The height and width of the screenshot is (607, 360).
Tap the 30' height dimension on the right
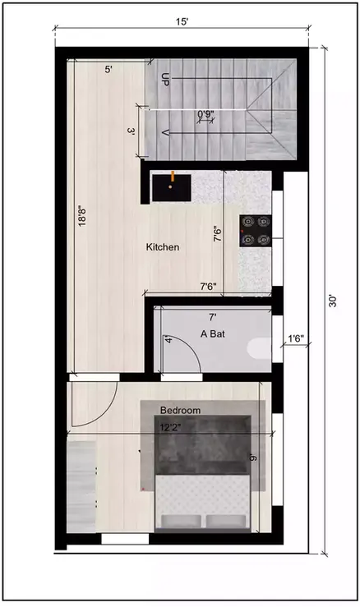pyautogui.click(x=333, y=301)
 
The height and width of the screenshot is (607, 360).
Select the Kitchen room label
pyautogui.click(x=163, y=247)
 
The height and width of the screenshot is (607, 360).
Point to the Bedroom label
pyautogui.click(x=181, y=409)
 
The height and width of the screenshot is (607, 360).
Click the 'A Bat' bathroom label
pyautogui.click(x=214, y=334)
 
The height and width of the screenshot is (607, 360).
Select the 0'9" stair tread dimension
pyautogui.click(x=206, y=114)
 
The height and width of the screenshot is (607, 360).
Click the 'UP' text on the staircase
pyautogui.click(x=165, y=80)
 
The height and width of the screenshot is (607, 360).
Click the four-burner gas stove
pyautogui.click(x=255, y=229)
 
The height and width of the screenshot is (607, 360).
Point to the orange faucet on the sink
pyautogui.click(x=173, y=175)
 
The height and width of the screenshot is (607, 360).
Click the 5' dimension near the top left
pyautogui.click(x=108, y=71)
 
